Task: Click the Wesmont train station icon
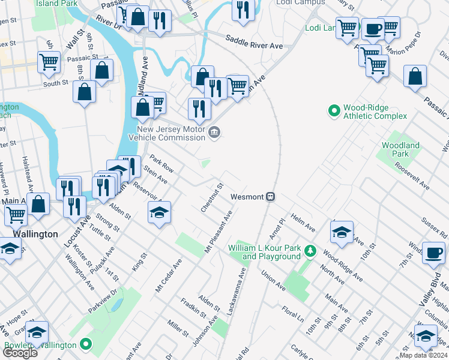271,197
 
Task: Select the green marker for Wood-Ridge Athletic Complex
334,111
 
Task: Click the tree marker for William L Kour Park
310,250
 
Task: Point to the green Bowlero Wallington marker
86,344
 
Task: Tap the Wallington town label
35,234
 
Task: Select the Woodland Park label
400,149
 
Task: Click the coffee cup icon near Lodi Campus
373,28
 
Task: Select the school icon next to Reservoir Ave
159,212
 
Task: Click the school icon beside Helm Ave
342,232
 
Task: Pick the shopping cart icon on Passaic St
49,61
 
